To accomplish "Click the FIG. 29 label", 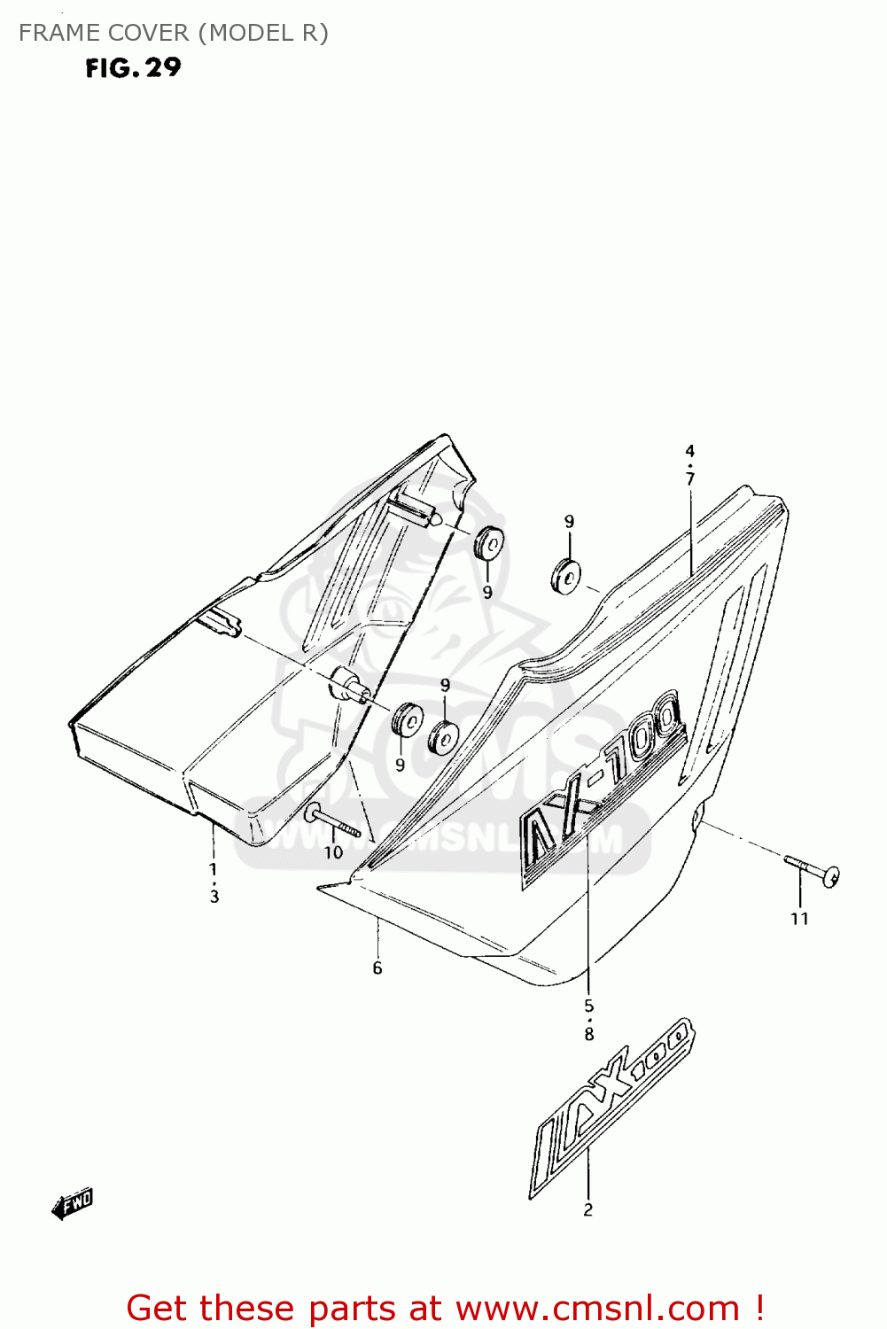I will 133,67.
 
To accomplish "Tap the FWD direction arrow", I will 73,1204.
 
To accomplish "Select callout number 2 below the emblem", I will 587,1209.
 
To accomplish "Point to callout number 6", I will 377,968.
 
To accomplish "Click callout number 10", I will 333,852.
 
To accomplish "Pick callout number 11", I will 799,919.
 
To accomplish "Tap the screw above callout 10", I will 333,821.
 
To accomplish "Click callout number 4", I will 689,452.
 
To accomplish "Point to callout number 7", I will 689,478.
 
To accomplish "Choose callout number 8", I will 589,1033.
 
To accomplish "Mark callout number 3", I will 214,896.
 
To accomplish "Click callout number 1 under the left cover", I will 213,869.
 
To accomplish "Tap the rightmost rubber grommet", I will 565,576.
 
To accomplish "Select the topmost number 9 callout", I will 569,522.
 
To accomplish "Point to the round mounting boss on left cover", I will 346,684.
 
